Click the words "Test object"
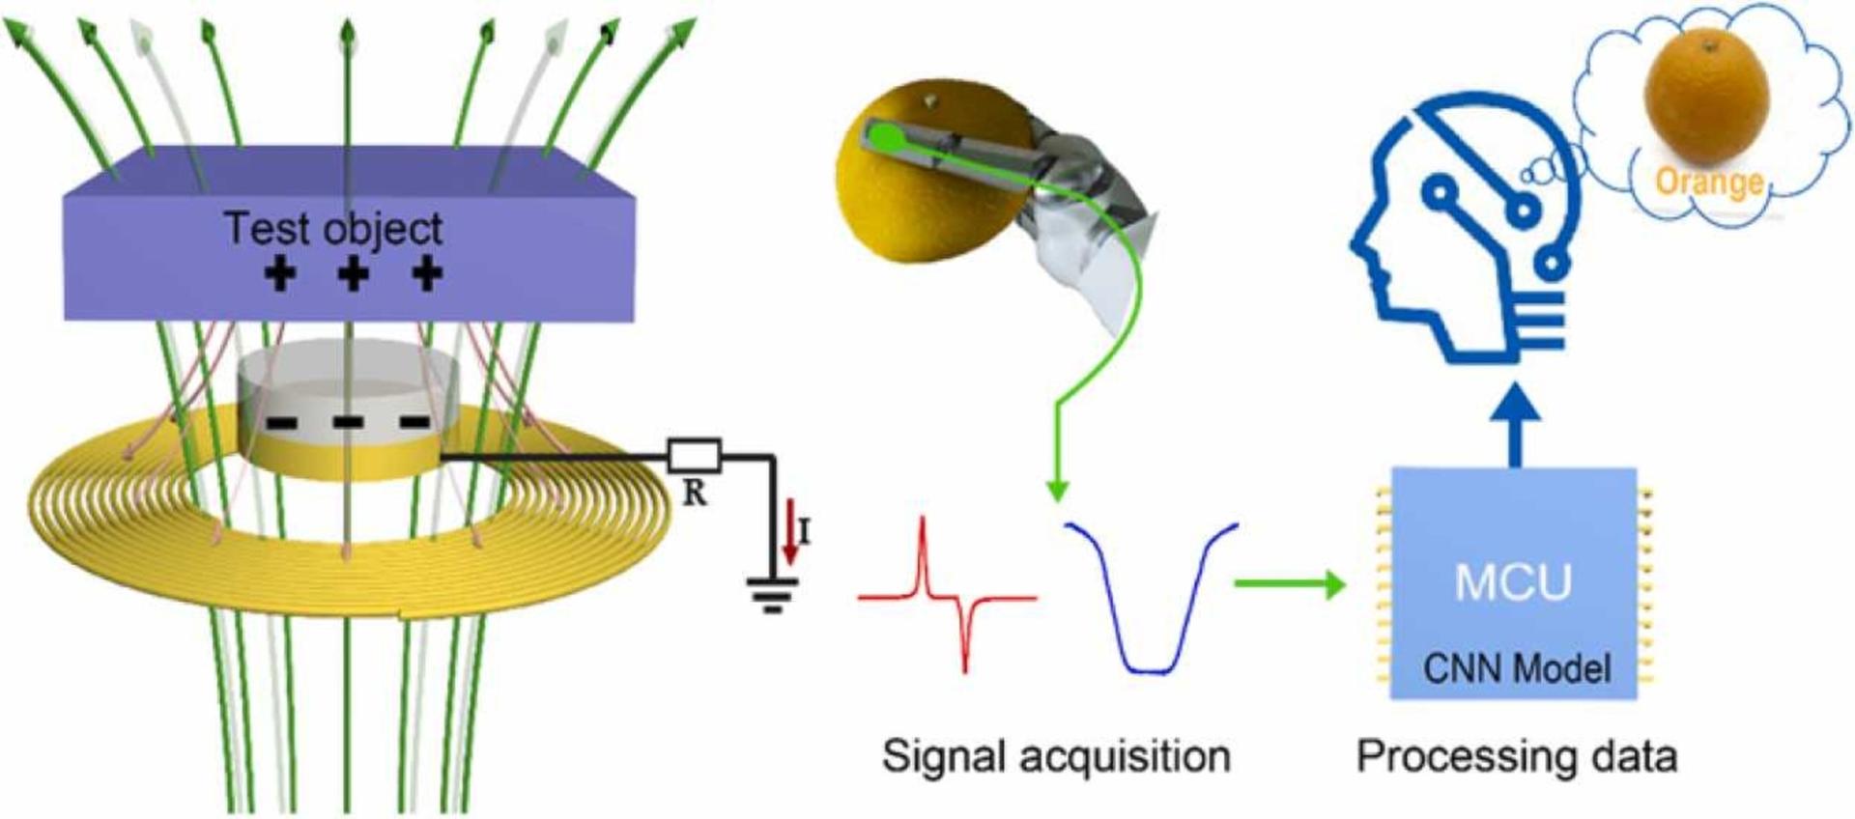[x=333, y=229]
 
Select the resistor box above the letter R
[x=694, y=455]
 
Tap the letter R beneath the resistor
[x=694, y=494]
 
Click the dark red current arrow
[x=791, y=536]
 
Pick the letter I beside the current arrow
[x=805, y=531]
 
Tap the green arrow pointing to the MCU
[x=1290, y=583]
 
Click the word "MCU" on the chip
[x=1513, y=582]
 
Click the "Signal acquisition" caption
[x=1056, y=756]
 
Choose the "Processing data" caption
[x=1517, y=756]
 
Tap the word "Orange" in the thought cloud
[x=1708, y=182]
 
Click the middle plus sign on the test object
[x=354, y=273]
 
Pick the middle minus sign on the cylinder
[x=348, y=423]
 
